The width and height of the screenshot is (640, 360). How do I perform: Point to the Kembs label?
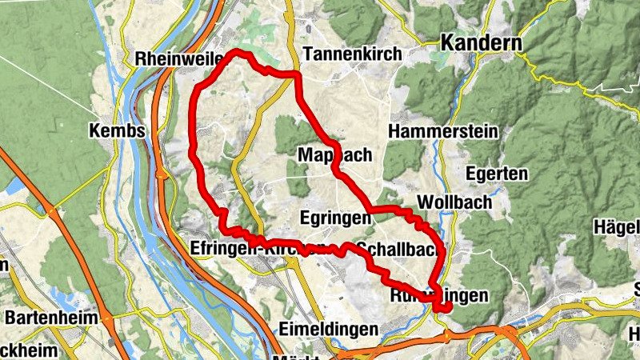pos(117,130)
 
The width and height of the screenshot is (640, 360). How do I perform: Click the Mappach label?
pos(334,155)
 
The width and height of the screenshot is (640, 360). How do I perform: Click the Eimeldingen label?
pos(329,329)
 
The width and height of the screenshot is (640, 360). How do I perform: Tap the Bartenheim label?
pos(51,318)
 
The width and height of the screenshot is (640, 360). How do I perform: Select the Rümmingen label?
pos(438,296)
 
